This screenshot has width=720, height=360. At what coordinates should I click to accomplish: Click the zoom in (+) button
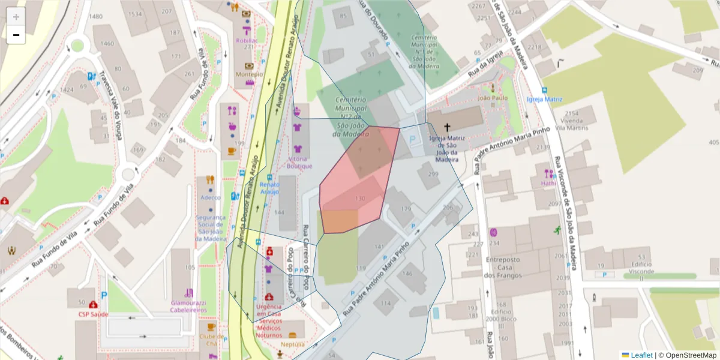16,17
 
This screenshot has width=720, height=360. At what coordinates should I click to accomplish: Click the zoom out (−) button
16,35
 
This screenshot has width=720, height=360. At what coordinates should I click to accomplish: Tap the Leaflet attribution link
641,355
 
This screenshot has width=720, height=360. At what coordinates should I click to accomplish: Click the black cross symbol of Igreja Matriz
447,127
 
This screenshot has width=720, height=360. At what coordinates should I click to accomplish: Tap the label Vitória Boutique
299,162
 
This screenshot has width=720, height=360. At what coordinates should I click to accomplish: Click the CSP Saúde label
93,314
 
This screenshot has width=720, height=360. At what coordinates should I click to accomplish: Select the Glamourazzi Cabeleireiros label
188,307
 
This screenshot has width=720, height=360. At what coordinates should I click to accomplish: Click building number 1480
95,16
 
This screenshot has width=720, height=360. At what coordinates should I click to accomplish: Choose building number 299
433,174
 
